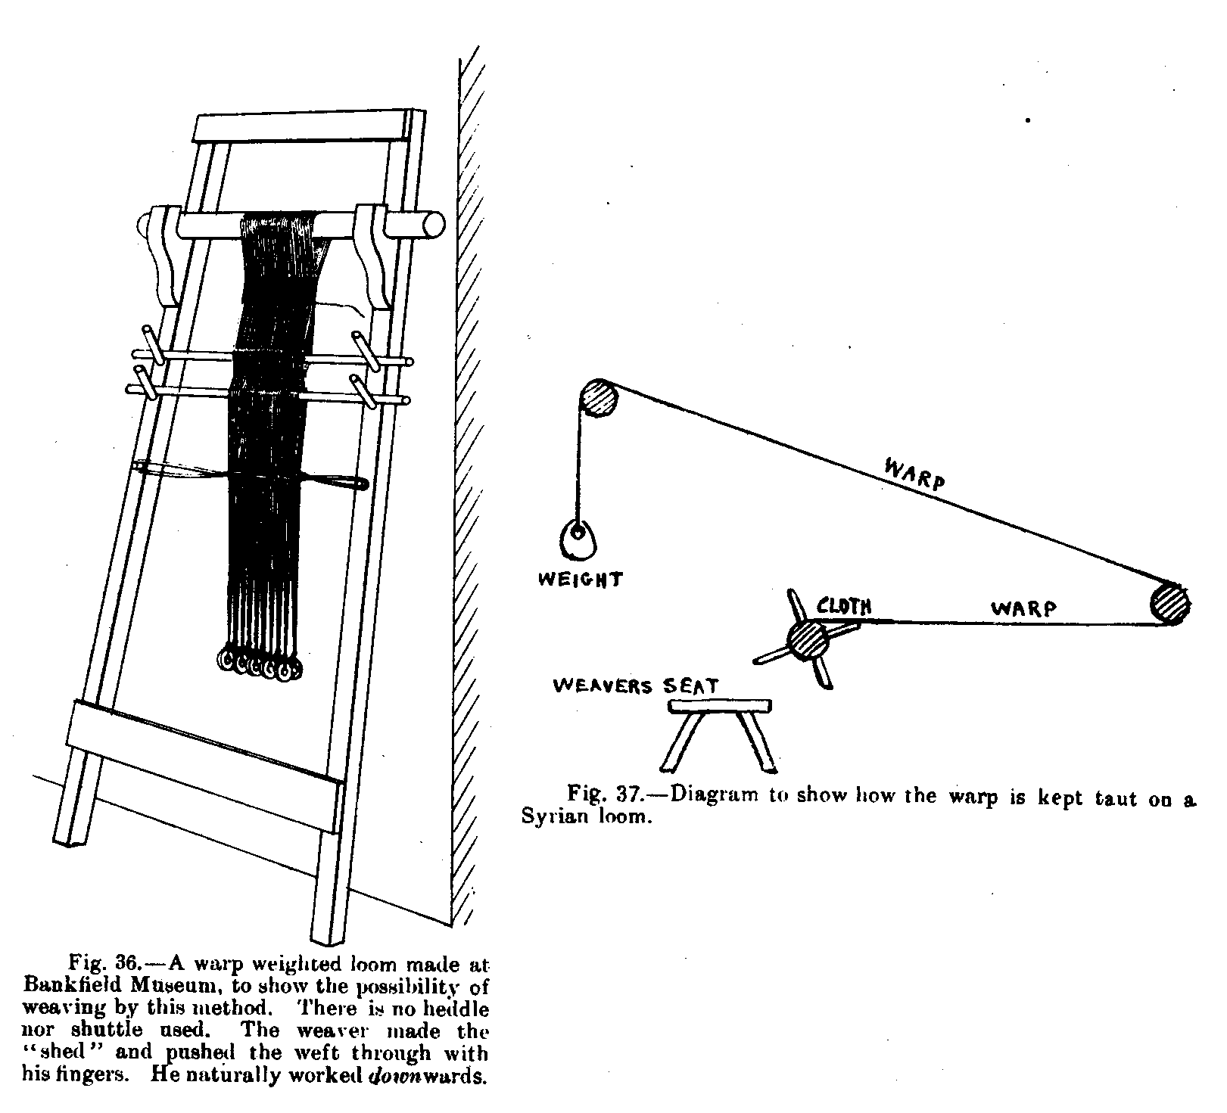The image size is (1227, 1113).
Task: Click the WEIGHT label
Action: click(580, 580)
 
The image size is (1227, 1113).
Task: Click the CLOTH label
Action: click(844, 606)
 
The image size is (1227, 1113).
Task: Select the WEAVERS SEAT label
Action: click(636, 686)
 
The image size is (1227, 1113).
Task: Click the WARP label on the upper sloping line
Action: click(914, 473)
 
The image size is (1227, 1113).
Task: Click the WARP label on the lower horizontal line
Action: click(1023, 608)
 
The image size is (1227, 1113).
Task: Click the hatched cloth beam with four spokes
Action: click(808, 640)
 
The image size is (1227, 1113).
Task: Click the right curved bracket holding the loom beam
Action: click(373, 253)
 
